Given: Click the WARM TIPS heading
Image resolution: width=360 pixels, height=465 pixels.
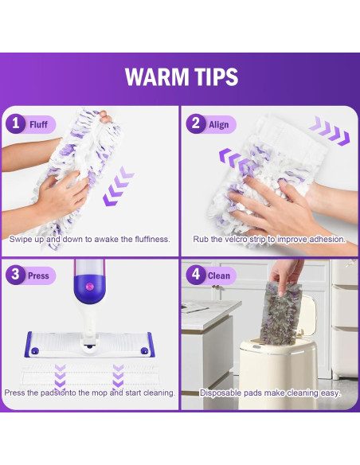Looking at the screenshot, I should click(x=181, y=77).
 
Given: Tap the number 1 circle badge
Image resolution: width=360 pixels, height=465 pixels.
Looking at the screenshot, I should click(x=15, y=123).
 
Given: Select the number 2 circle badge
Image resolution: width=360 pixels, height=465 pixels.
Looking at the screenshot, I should click(x=195, y=123).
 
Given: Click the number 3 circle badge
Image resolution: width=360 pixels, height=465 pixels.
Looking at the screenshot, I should click(x=15, y=275).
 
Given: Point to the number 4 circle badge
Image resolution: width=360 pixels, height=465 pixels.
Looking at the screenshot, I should click(x=195, y=275).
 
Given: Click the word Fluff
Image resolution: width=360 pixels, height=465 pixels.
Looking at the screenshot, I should click(x=38, y=124).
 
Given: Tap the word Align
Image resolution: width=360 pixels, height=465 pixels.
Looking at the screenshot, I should click(x=219, y=124).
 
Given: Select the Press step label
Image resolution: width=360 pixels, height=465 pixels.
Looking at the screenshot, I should click(x=39, y=276).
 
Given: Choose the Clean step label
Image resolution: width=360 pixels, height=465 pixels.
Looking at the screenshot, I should click(x=219, y=276).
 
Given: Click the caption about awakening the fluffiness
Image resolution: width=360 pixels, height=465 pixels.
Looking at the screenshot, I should click(x=89, y=240).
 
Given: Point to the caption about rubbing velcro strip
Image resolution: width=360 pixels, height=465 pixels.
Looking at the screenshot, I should click(x=269, y=240).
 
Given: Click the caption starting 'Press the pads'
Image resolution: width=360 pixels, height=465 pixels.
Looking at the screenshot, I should click(x=89, y=393).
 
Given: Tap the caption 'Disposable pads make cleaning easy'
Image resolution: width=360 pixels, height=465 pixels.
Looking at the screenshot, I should click(x=269, y=393).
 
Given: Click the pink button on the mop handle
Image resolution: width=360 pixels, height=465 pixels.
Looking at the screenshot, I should click(x=89, y=284).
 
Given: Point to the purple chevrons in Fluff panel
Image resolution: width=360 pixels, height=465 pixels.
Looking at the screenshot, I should click(x=119, y=188).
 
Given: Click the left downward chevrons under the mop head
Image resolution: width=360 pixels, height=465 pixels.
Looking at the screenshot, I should click(x=60, y=374).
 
